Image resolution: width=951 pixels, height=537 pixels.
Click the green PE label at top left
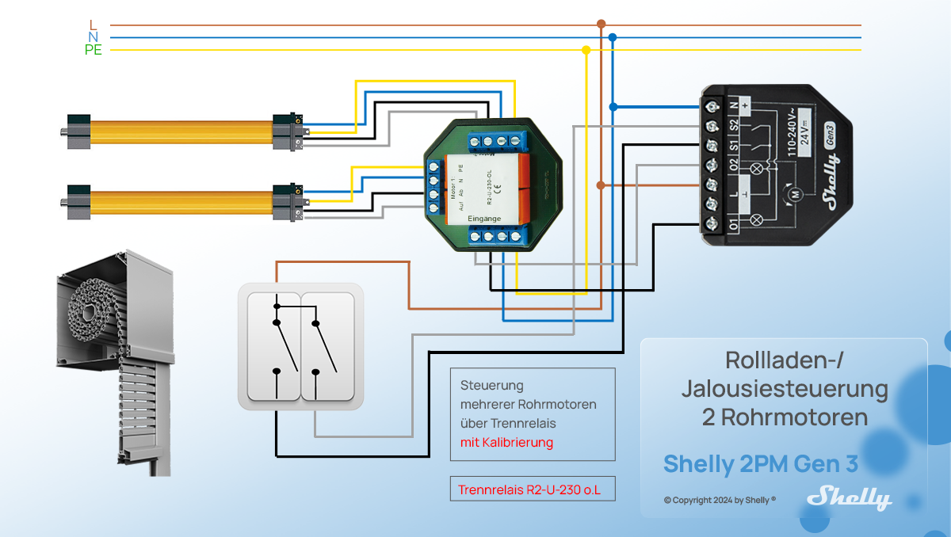pos(94,50)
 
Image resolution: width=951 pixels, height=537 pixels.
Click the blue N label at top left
pos(94,37)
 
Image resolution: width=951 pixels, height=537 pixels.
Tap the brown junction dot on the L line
pos(601,25)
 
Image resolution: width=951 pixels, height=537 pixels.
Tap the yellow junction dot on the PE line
pos(586,50)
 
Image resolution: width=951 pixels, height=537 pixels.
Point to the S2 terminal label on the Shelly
pos(734,124)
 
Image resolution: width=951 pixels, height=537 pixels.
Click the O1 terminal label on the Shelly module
pos(734,225)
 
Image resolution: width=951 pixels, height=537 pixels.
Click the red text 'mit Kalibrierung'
pos(506,442)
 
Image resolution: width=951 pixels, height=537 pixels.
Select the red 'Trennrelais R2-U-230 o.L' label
pos(529,490)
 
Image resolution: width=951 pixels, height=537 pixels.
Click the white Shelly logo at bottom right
pos(849,497)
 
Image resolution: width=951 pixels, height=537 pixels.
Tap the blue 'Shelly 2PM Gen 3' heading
pos(760,463)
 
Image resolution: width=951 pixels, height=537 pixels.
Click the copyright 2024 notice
pos(720,501)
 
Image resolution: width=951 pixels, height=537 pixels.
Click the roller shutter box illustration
pos(115,356)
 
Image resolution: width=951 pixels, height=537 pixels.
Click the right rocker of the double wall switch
pos(327,346)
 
